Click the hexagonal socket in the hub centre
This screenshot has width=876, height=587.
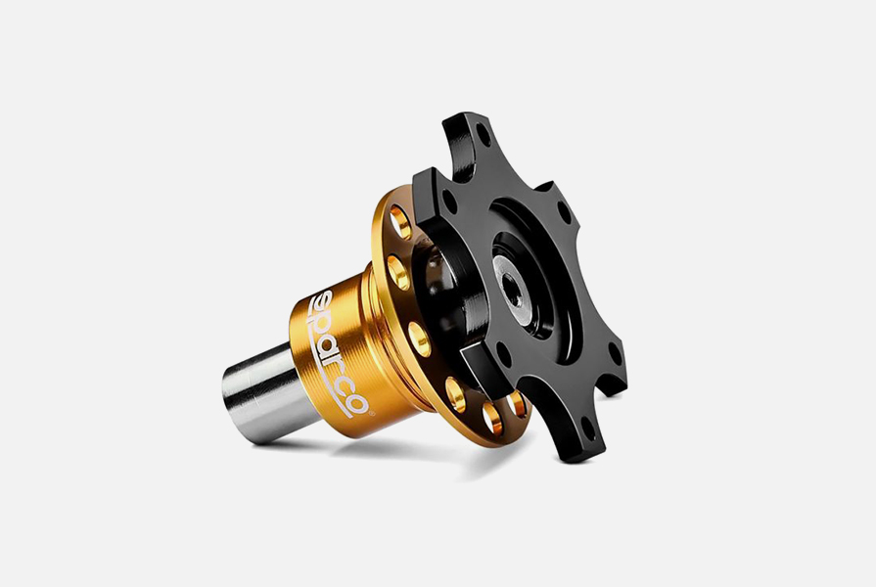(x=513, y=291)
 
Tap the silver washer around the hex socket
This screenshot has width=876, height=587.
(x=514, y=293)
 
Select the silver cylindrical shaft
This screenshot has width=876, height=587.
(x=261, y=393)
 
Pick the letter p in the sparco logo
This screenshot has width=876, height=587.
(x=328, y=323)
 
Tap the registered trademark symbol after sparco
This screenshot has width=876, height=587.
(x=372, y=413)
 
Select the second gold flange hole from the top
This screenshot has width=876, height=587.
(x=398, y=273)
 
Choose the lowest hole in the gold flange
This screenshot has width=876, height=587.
(x=492, y=419)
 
